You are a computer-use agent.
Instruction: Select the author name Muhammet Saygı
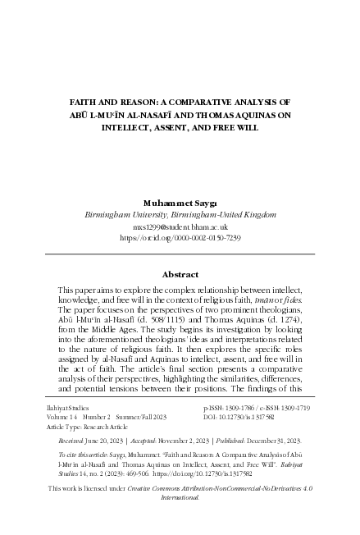point(180,201)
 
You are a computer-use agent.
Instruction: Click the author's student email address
point(180,226)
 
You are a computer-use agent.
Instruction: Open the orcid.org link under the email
point(180,236)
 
